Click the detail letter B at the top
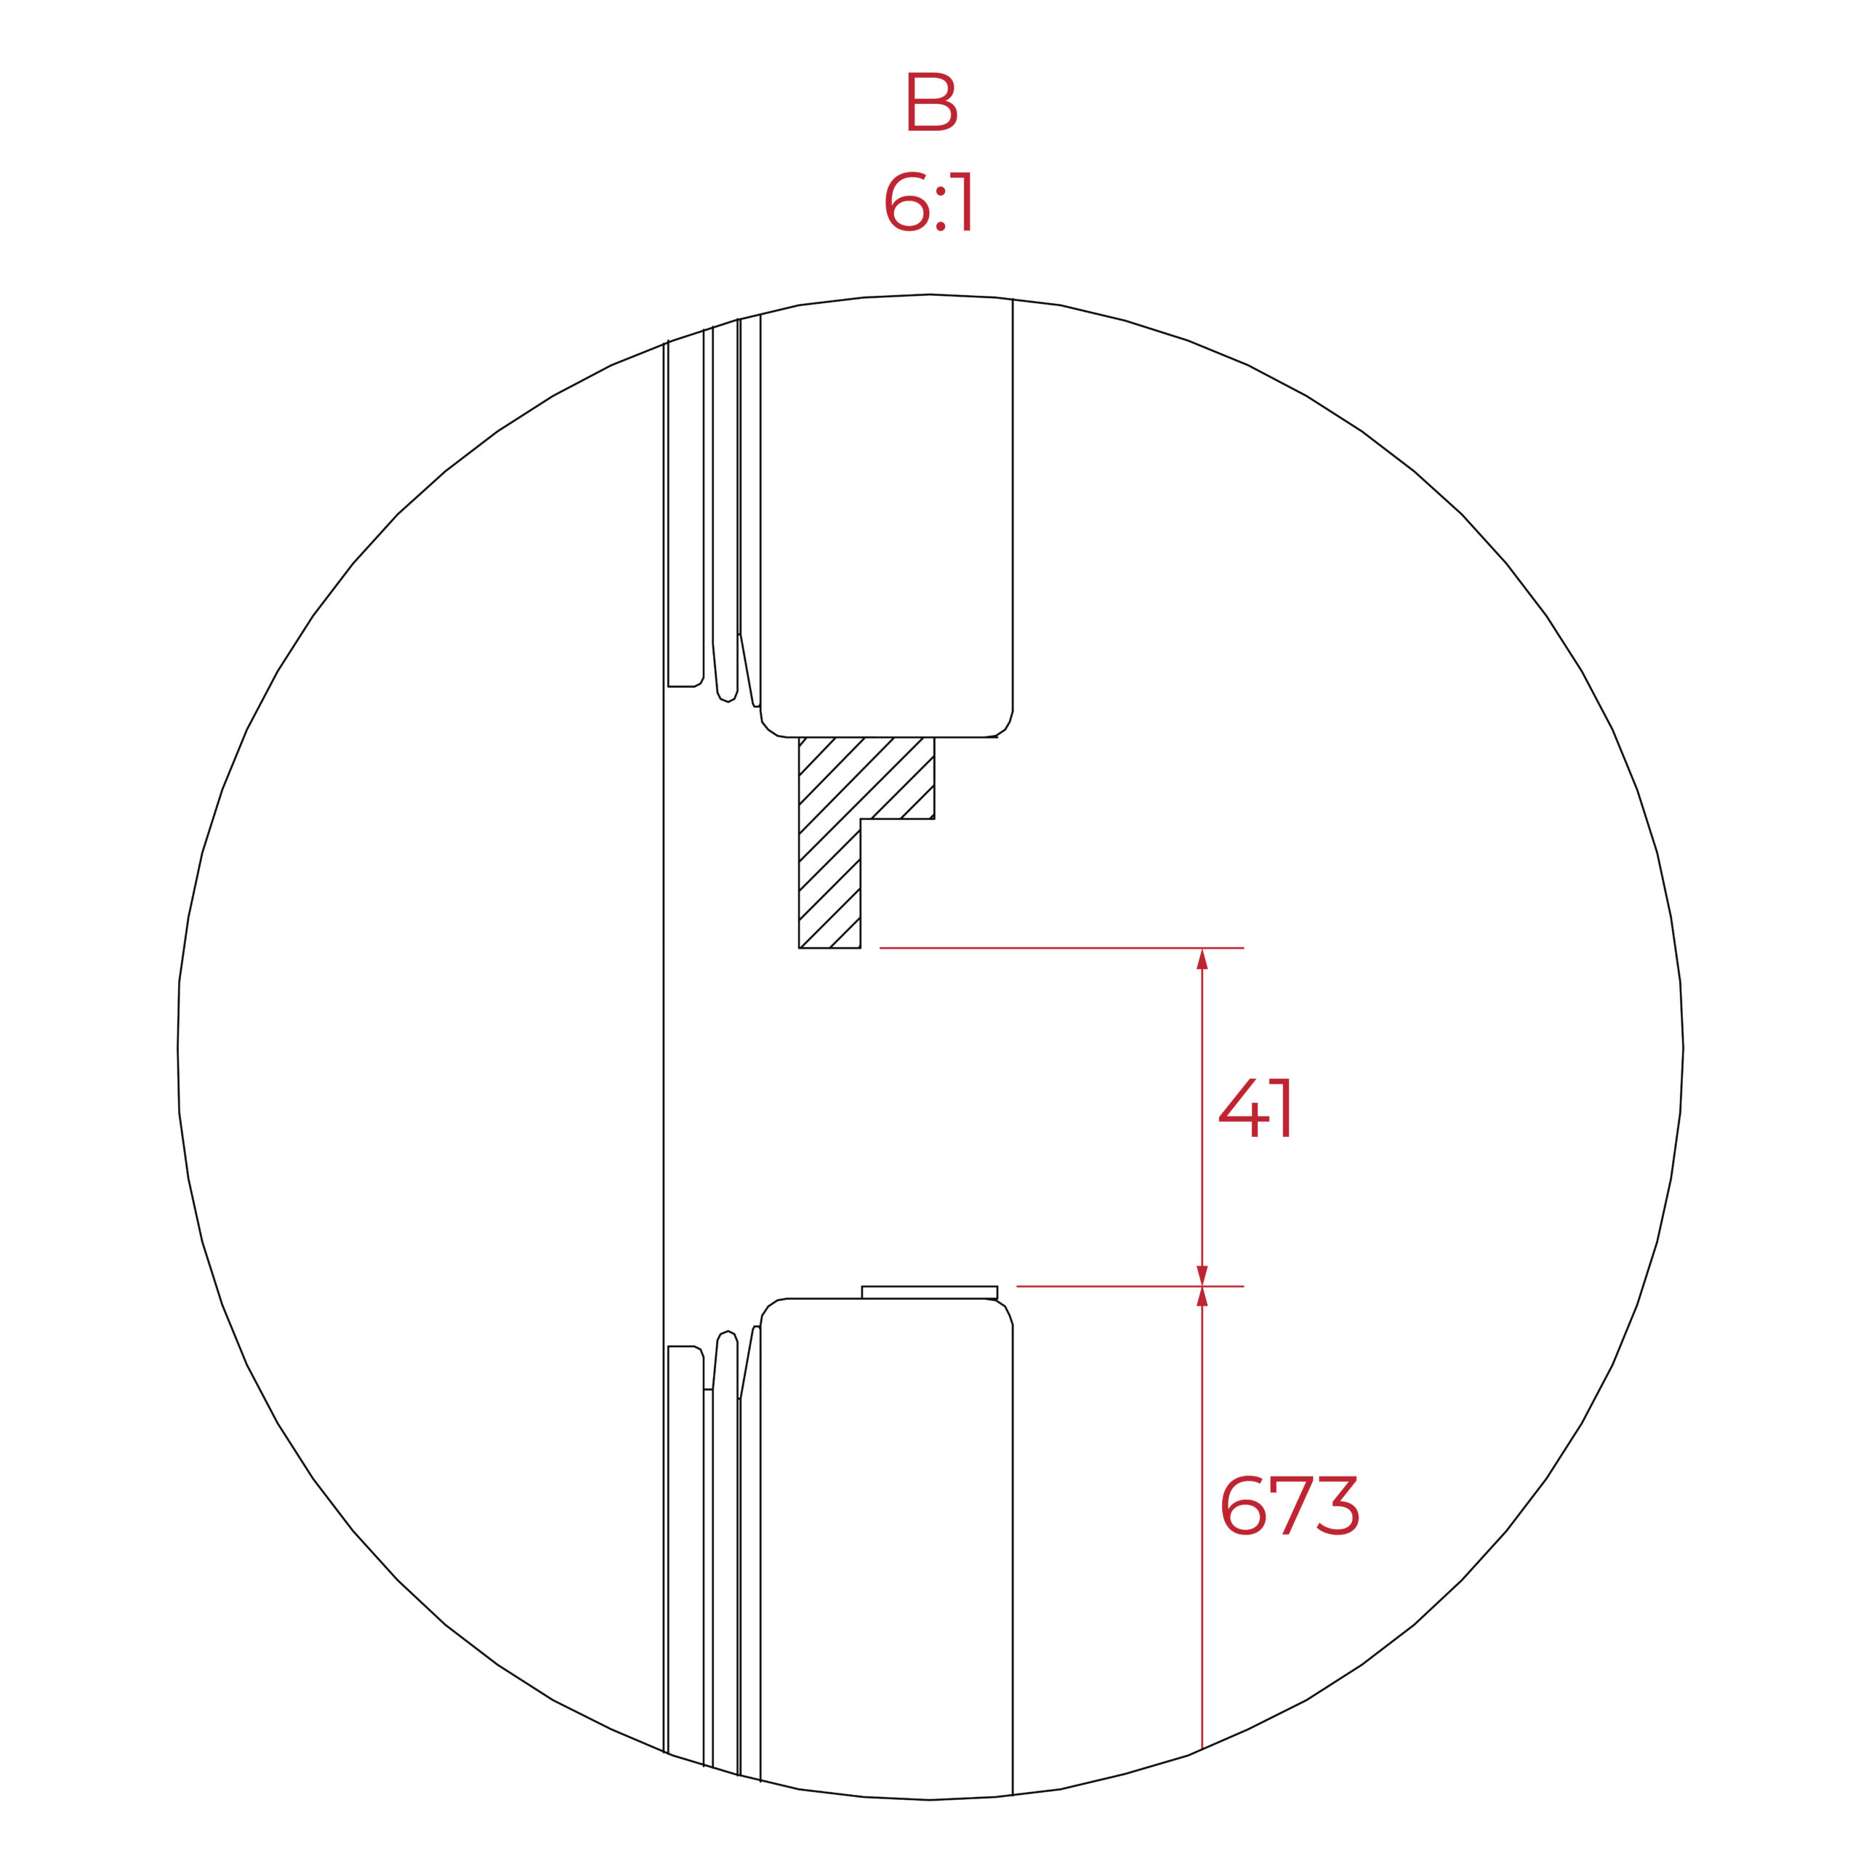point(931,101)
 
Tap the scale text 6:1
point(928,201)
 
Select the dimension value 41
point(1254,1108)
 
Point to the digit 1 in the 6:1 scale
point(961,201)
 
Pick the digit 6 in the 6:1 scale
point(907,201)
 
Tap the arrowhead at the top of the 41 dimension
point(1202,958)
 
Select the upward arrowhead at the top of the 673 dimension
point(1202,1297)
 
